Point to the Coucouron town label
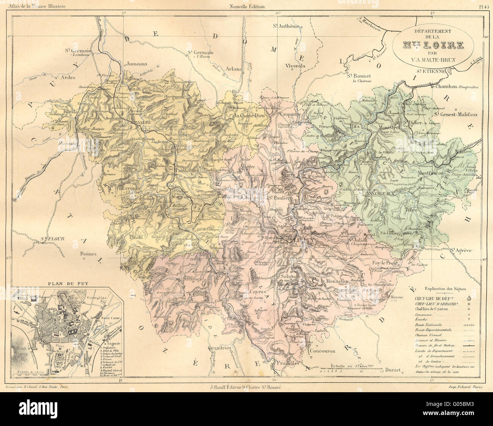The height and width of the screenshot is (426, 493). [322, 351]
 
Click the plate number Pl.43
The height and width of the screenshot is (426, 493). [482, 6]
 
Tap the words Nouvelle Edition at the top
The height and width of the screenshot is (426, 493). [247, 6]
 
